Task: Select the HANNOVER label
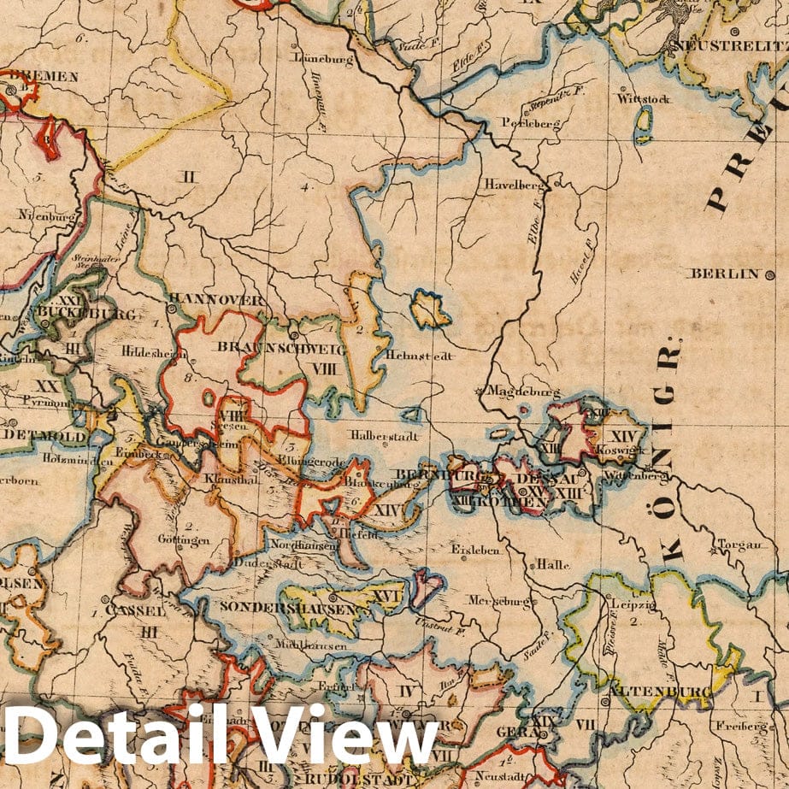click(216, 300)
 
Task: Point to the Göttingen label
click(183, 539)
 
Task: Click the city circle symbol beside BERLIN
click(769, 274)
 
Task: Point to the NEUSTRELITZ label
click(730, 44)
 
